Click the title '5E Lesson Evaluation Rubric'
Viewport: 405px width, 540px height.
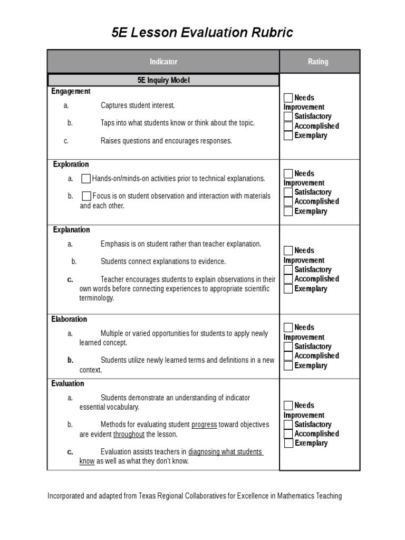tap(202, 33)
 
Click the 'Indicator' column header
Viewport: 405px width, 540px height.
tap(163, 62)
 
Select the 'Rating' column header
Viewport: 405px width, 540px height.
tap(318, 62)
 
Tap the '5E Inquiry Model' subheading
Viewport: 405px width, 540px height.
tap(163, 80)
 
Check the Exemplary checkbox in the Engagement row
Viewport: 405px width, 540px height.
tap(288, 136)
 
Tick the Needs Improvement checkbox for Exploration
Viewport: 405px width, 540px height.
tap(288, 173)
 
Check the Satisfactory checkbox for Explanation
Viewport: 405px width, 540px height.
tap(288, 269)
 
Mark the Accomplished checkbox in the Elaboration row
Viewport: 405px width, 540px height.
tap(288, 356)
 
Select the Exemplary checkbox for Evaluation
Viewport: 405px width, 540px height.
tap(288, 443)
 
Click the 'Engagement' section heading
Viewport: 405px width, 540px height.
tap(71, 91)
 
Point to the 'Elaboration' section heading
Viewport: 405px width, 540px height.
tap(69, 319)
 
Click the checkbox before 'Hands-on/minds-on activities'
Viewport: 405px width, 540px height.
tap(86, 179)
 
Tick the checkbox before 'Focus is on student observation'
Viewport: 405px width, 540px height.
tap(86, 196)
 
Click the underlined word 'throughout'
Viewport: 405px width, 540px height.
tap(129, 435)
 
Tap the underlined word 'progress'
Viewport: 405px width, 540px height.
tap(204, 425)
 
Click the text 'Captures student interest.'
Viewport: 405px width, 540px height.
tap(138, 105)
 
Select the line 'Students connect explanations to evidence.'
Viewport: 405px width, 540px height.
tap(163, 262)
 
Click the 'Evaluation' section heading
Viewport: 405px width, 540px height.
tap(67, 383)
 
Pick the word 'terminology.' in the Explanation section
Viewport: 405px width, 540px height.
tap(97, 298)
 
